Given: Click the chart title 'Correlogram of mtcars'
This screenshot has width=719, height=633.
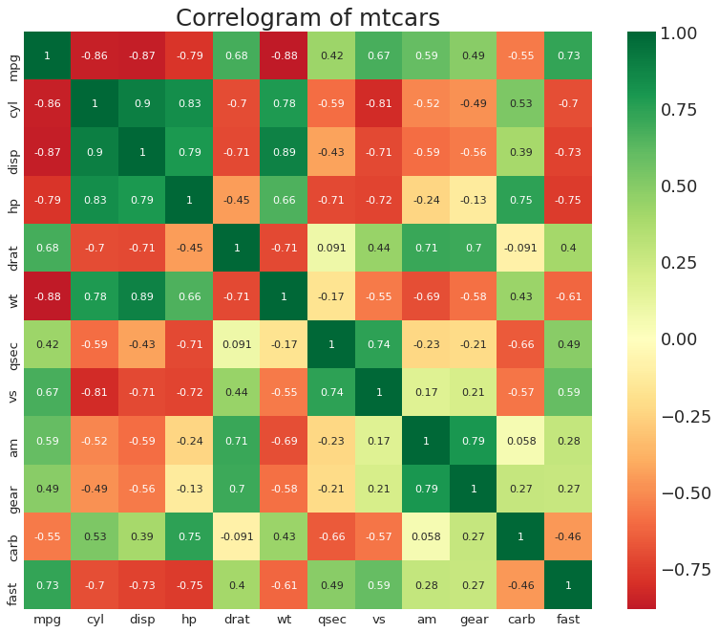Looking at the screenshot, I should click(x=308, y=17).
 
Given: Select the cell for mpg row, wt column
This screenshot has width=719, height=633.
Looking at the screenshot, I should click(x=284, y=55).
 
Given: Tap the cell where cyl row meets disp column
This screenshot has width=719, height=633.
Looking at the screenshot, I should click(x=141, y=103).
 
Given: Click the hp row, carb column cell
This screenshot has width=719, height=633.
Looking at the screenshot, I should click(x=521, y=200).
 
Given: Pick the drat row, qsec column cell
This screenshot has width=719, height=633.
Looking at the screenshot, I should click(x=331, y=248).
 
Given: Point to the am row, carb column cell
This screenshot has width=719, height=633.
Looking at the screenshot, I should click(x=521, y=440).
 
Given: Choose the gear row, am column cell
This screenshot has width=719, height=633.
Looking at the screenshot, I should click(x=426, y=488).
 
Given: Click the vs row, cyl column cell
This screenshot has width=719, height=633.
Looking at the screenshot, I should click(x=95, y=392).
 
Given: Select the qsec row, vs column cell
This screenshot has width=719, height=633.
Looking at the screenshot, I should click(x=379, y=343).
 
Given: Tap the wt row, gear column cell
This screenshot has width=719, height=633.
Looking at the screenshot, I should click(x=474, y=295).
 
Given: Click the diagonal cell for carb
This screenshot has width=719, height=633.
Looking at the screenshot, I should click(x=521, y=535).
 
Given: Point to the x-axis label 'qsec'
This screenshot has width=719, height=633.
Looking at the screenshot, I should click(x=331, y=620).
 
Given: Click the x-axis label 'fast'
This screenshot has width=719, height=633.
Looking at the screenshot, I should click(x=568, y=620).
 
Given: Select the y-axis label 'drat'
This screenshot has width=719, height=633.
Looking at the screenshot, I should click(x=12, y=248).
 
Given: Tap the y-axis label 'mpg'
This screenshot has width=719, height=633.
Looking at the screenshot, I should click(x=12, y=55).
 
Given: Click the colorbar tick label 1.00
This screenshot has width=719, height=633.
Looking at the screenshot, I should click(x=684, y=33).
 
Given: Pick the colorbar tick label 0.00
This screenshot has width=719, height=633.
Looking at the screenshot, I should click(x=684, y=339).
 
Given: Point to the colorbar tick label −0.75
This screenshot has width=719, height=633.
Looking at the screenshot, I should click(x=680, y=569).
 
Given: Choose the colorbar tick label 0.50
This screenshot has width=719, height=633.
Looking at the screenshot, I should click(x=684, y=186).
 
